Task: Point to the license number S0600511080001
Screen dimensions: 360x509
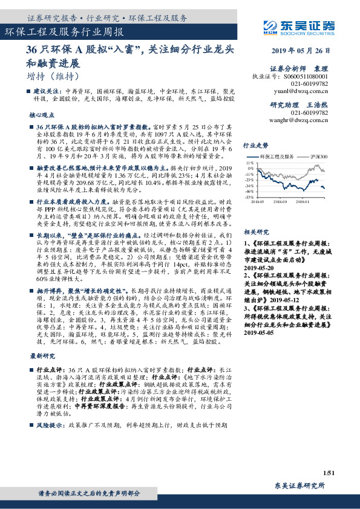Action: [315, 77]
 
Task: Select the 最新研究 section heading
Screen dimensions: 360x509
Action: [42, 355]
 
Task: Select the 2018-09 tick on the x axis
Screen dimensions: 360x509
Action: [280, 202]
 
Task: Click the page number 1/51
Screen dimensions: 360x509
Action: [329, 472]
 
